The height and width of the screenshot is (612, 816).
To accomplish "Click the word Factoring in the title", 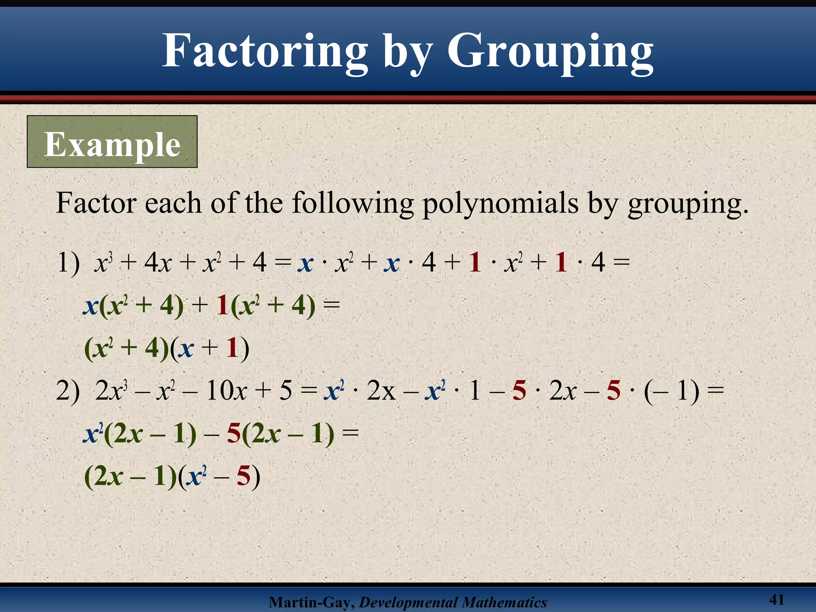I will (265, 52).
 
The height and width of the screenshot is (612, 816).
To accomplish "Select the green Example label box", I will (112, 142).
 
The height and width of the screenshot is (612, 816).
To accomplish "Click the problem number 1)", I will (68, 263).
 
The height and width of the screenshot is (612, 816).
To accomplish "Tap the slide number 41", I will (777, 599).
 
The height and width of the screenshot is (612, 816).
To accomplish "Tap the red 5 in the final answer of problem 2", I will (243, 476).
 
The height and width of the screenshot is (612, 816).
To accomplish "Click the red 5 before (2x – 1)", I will (233, 434).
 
